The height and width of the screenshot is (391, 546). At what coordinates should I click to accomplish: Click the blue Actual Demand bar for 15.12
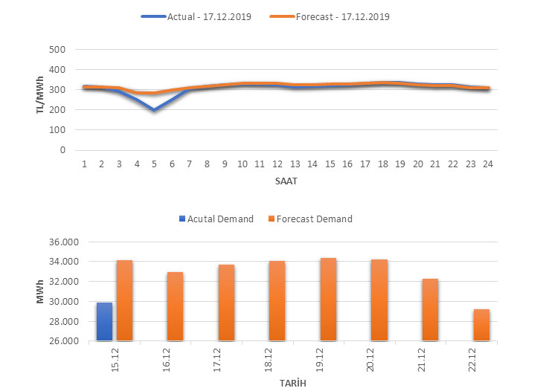104,322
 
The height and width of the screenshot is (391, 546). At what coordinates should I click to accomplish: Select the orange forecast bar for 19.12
328,300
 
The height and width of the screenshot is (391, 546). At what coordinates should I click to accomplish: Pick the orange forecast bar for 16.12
175,306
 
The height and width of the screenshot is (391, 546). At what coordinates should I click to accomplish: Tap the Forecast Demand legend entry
310,219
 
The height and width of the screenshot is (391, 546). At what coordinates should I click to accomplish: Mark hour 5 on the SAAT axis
154,164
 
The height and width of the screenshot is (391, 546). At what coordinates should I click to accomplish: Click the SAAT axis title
285,180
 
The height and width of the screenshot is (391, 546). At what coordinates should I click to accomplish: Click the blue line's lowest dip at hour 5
154,110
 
